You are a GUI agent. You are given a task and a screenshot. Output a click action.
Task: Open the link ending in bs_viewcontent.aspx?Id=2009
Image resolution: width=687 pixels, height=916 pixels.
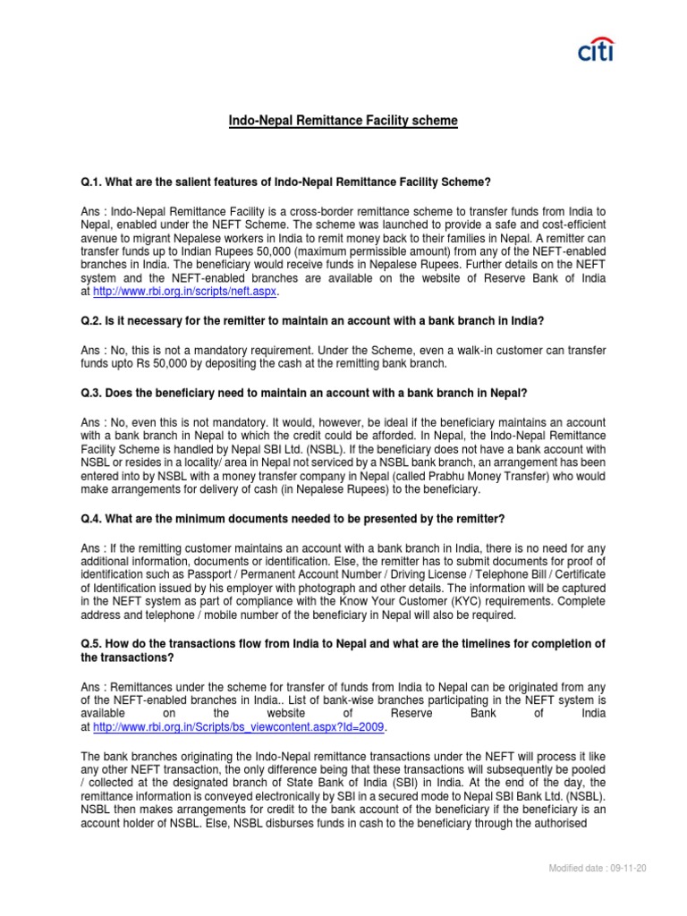click(x=239, y=727)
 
